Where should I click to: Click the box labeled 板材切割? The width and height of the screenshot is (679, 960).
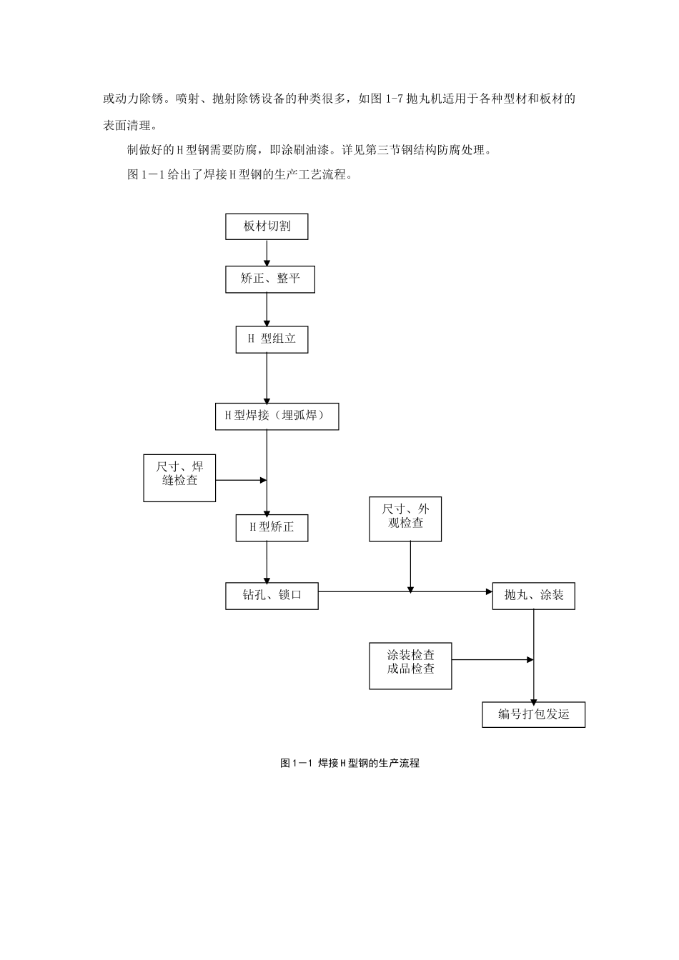click(x=267, y=226)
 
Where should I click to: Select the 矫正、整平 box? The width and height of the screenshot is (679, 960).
click(x=270, y=279)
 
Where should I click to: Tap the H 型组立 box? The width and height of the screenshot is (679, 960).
click(x=272, y=339)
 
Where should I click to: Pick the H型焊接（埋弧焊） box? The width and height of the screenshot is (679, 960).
click(x=277, y=416)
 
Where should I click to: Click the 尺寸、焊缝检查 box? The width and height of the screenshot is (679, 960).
click(x=179, y=477)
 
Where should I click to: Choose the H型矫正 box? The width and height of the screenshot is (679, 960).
click(x=272, y=528)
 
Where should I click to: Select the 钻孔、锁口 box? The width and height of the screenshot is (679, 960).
click(x=272, y=596)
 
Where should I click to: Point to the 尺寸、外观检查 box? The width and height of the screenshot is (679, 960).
click(x=405, y=519)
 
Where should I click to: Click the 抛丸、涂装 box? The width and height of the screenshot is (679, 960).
click(x=533, y=596)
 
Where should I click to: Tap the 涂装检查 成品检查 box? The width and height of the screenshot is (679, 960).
click(x=410, y=666)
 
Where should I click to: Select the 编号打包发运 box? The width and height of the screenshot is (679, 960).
click(x=533, y=715)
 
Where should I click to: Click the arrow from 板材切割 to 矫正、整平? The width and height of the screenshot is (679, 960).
click(x=267, y=253)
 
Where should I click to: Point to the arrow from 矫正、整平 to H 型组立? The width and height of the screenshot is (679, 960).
click(x=267, y=309)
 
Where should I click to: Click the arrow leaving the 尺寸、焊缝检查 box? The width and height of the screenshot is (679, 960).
click(x=241, y=480)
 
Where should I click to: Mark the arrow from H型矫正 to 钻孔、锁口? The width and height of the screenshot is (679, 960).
click(x=267, y=562)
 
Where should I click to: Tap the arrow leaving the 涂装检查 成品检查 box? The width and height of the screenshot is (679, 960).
click(x=492, y=659)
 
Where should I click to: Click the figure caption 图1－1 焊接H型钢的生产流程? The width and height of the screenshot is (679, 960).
click(x=350, y=763)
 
